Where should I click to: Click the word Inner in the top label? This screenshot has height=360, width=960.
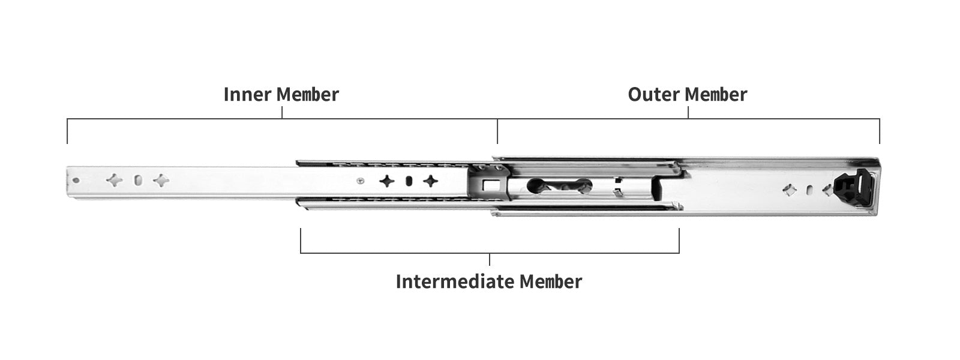click(x=241, y=95)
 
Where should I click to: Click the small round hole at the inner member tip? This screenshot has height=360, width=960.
click(x=76, y=180)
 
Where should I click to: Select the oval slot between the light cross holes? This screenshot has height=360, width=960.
click(x=138, y=180)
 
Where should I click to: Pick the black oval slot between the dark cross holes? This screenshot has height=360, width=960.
click(x=409, y=181)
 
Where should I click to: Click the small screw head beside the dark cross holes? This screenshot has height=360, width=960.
click(x=360, y=180)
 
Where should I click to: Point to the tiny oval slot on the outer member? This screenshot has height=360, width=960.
click(x=809, y=190)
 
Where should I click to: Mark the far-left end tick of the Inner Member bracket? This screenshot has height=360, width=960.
click(x=67, y=132)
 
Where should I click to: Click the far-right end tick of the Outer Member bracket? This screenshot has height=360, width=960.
click(x=880, y=132)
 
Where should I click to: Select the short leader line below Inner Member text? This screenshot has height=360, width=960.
click(x=282, y=113)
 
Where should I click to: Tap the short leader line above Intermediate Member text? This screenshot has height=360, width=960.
click(x=490, y=259)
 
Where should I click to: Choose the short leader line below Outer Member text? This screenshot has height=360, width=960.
click(x=688, y=113)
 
